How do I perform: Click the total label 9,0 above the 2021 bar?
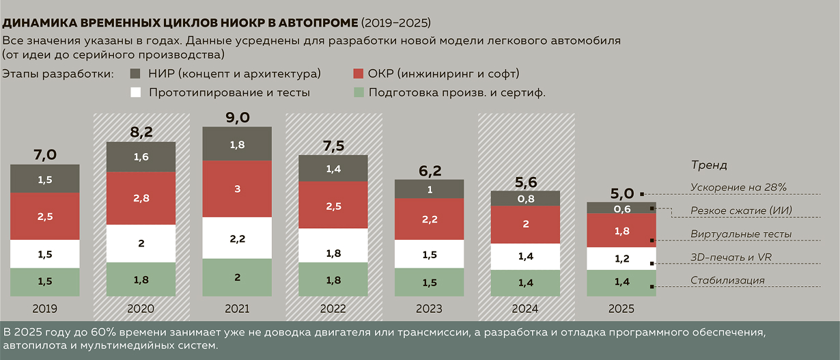(x=237, y=117)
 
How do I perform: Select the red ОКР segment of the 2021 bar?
(x=237, y=189)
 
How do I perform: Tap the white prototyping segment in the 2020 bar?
(x=141, y=244)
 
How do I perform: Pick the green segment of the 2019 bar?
(x=45, y=281)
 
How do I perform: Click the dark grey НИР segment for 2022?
(x=333, y=168)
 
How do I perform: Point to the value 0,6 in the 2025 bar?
(x=621, y=209)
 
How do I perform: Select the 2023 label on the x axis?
(x=429, y=309)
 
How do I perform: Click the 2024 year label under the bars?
(x=525, y=309)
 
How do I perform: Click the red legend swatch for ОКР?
(x=359, y=73)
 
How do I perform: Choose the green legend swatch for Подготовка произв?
(x=359, y=92)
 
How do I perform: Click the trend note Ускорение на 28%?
(x=739, y=187)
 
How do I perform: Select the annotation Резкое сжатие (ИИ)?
(x=741, y=210)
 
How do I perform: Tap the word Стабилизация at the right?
(x=727, y=280)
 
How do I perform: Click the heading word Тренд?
(x=708, y=165)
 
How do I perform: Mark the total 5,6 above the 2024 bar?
(x=525, y=182)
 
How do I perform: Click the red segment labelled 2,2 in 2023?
(x=429, y=219)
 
